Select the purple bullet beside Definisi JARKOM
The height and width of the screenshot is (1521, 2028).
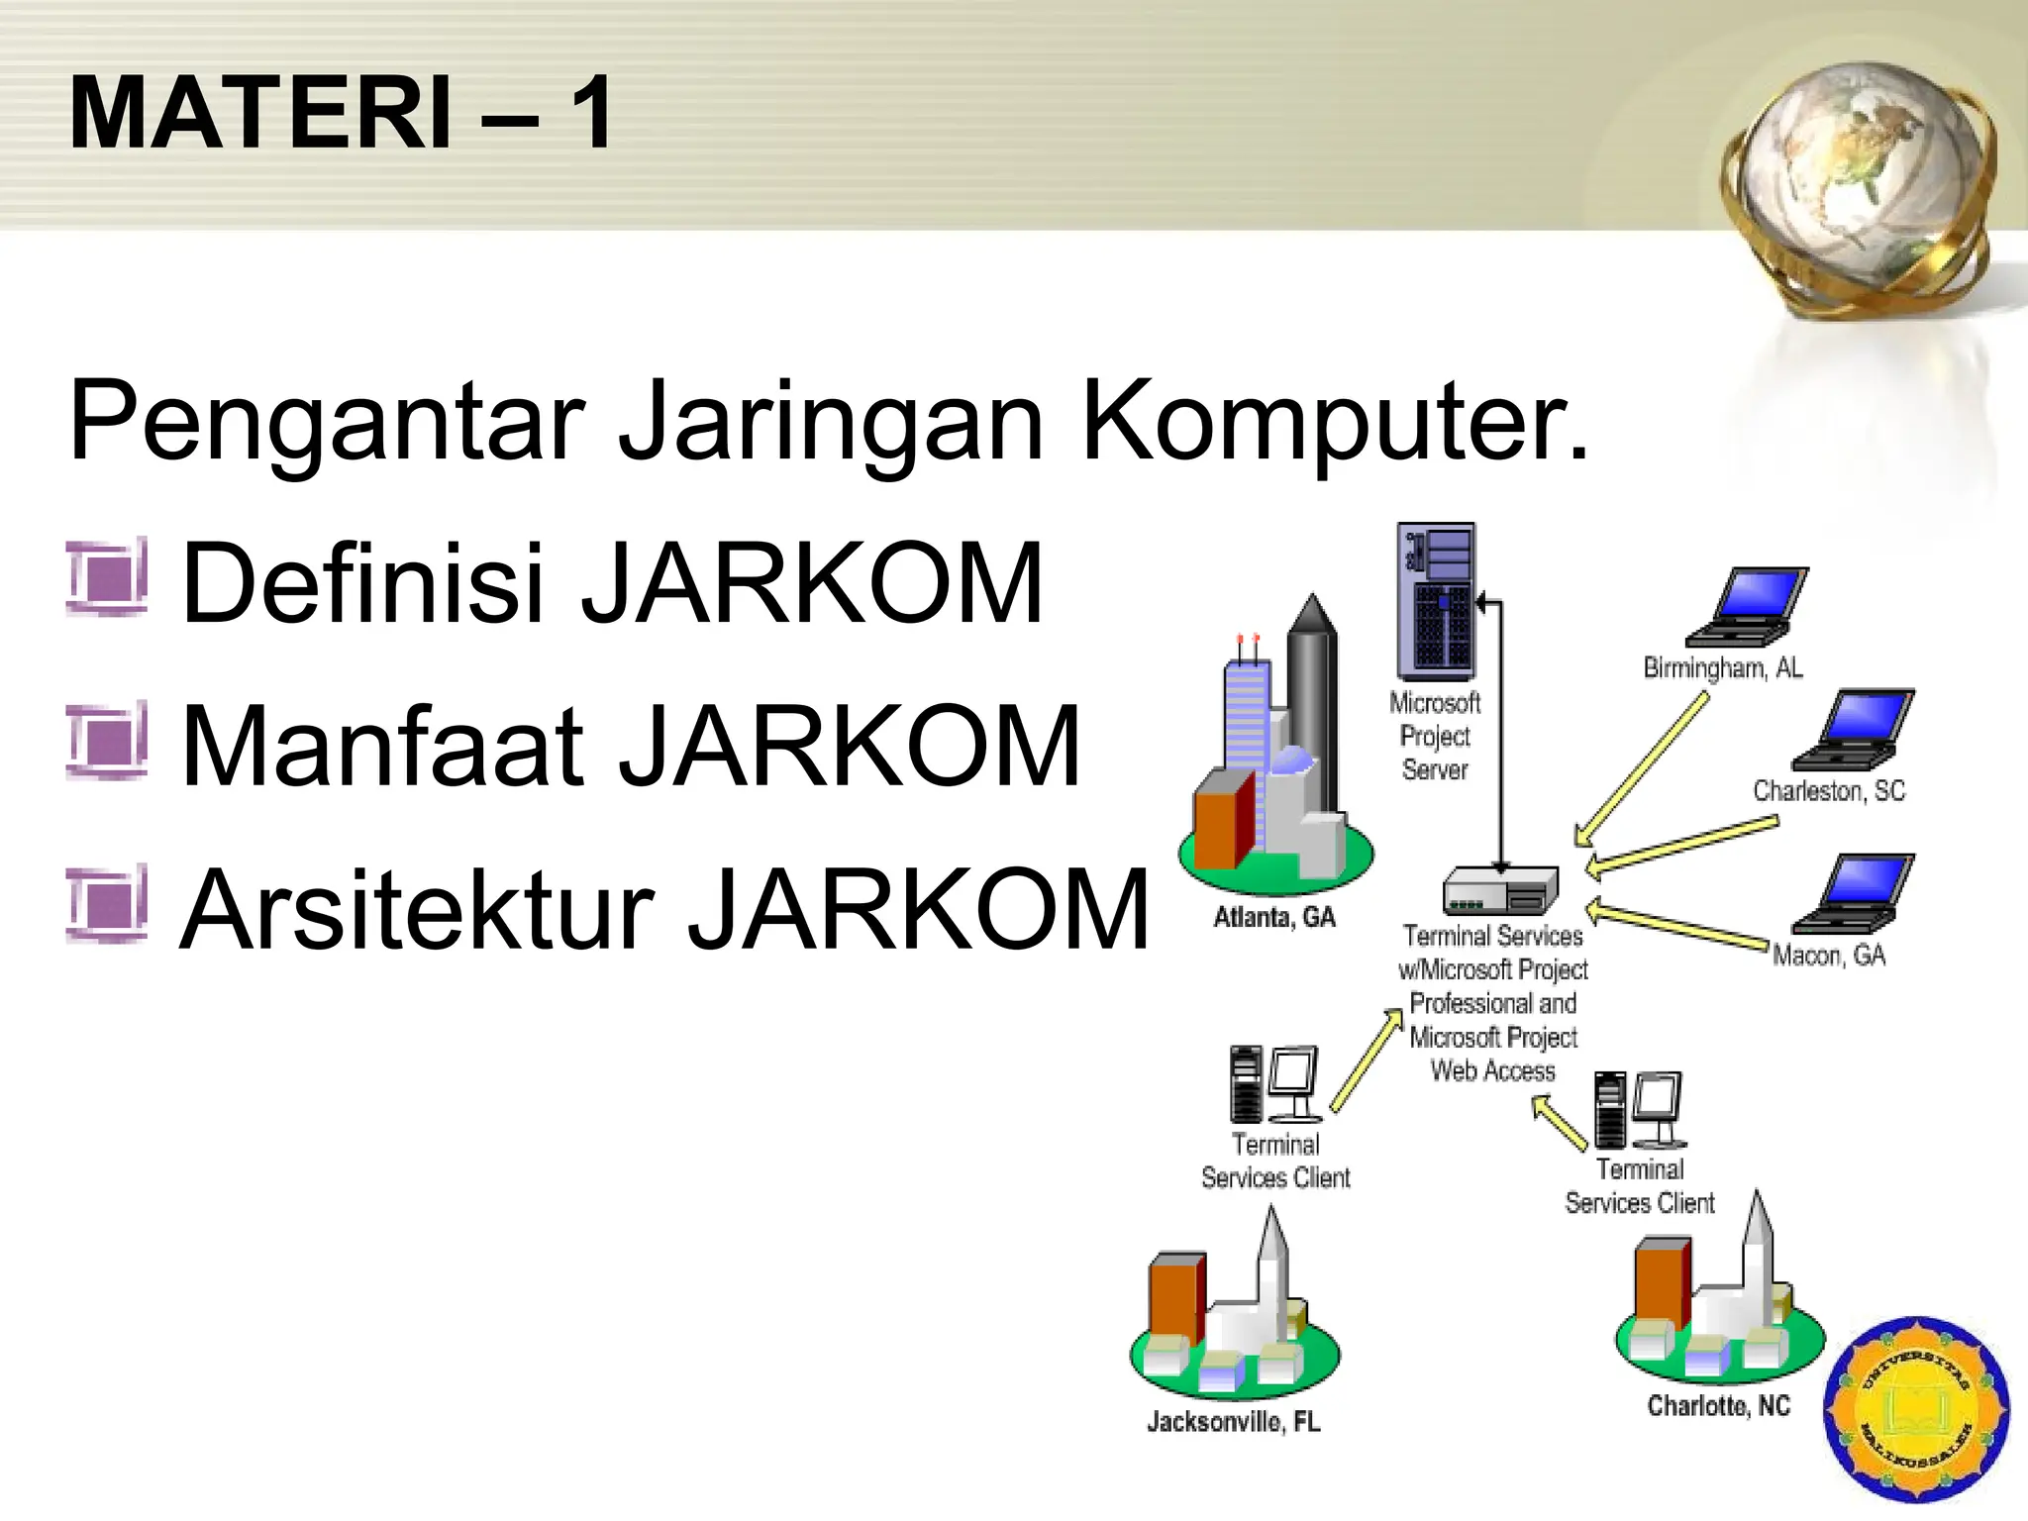tap(107, 577)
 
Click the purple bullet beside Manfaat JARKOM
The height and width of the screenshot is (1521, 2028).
tap(107, 741)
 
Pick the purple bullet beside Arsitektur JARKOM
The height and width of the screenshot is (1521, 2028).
tap(107, 903)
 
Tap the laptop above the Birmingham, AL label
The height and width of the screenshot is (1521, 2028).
tap(1748, 606)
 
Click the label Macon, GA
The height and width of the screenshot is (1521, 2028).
tap(1828, 956)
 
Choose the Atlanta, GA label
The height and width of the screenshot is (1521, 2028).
tap(1274, 917)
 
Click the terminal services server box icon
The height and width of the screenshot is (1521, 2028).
tap(1500, 889)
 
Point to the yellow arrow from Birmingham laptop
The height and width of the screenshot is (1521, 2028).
tap(1642, 769)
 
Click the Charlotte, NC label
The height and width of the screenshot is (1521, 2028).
tap(1718, 1405)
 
